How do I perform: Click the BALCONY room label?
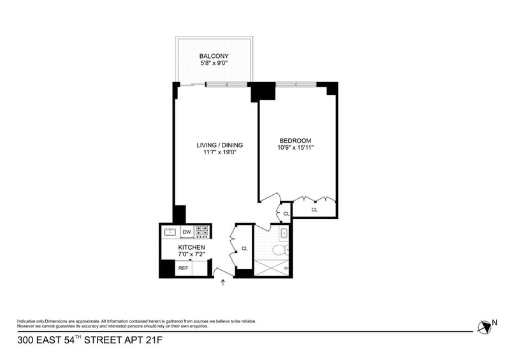(214, 56)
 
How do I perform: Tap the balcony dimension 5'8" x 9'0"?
(214, 63)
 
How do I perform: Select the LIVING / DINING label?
(219, 145)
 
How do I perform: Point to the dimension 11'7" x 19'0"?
(219, 152)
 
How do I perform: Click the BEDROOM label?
(295, 140)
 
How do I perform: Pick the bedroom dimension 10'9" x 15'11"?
(295, 147)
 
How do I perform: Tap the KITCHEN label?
(191, 247)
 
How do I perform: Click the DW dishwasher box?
(187, 232)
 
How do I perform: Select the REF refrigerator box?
(184, 268)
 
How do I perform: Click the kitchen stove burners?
(201, 232)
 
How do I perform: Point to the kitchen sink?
(170, 232)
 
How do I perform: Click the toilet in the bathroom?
(280, 250)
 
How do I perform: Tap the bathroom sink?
(284, 233)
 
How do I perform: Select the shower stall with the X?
(271, 268)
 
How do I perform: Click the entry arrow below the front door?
(223, 282)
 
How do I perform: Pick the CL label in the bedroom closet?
(314, 210)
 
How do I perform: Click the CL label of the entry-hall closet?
(245, 248)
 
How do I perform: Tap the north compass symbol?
(484, 327)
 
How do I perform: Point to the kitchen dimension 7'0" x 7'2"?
(192, 254)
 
